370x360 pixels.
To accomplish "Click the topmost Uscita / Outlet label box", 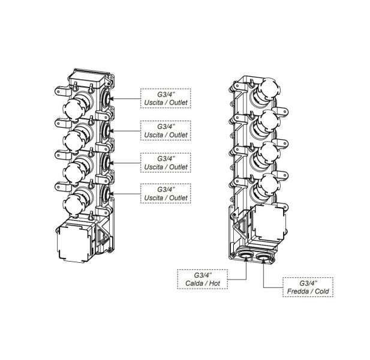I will click(x=165, y=97).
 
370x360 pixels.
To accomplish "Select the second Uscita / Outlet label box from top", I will click(x=165, y=130).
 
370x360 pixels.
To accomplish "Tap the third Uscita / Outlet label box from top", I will click(x=165, y=161).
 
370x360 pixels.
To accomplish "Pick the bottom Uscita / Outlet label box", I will click(x=165, y=193).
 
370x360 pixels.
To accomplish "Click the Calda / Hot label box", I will click(x=203, y=280).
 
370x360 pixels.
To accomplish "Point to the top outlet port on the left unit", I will click(x=107, y=97).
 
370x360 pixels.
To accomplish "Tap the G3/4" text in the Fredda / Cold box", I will click(x=307, y=282).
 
